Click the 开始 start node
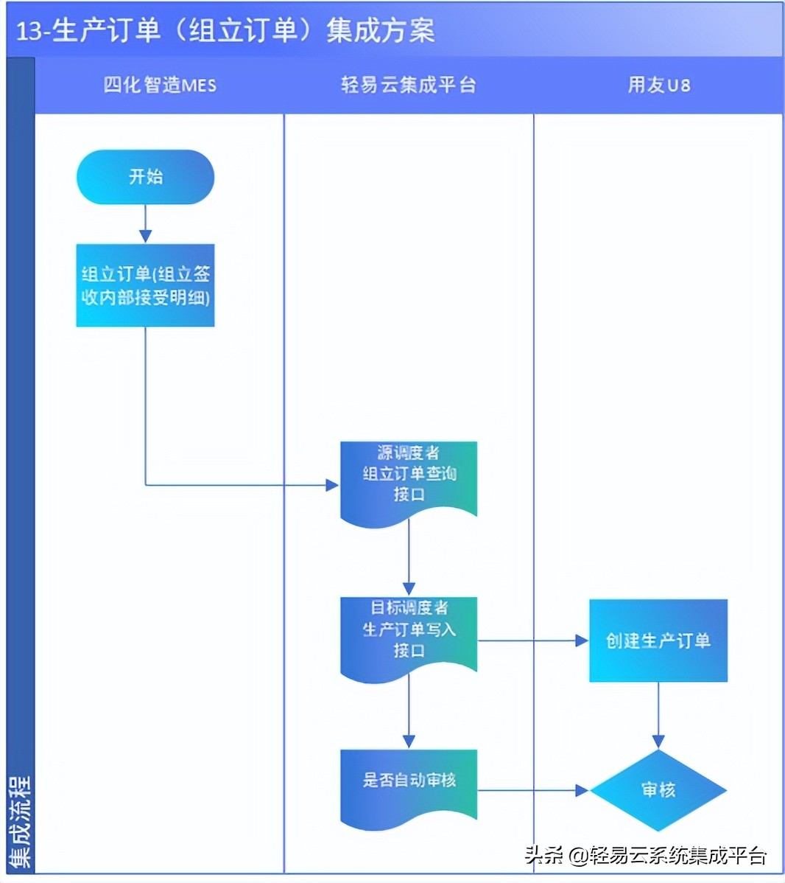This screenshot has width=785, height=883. click(145, 177)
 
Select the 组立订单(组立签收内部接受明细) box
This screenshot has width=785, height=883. click(145, 285)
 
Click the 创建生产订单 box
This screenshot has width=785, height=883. click(658, 640)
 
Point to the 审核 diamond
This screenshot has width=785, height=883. click(658, 790)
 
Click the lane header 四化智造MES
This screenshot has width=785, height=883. click(160, 85)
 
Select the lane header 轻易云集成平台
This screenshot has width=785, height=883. click(409, 85)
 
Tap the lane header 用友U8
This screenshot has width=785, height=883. click(658, 85)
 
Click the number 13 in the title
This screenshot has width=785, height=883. click(28, 31)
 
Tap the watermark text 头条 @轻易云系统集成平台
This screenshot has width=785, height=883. click(646, 855)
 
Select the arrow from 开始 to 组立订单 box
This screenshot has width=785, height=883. click(145, 223)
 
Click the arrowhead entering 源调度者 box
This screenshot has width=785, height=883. click(332, 484)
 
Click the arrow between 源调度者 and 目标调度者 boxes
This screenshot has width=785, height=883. click(409, 560)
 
